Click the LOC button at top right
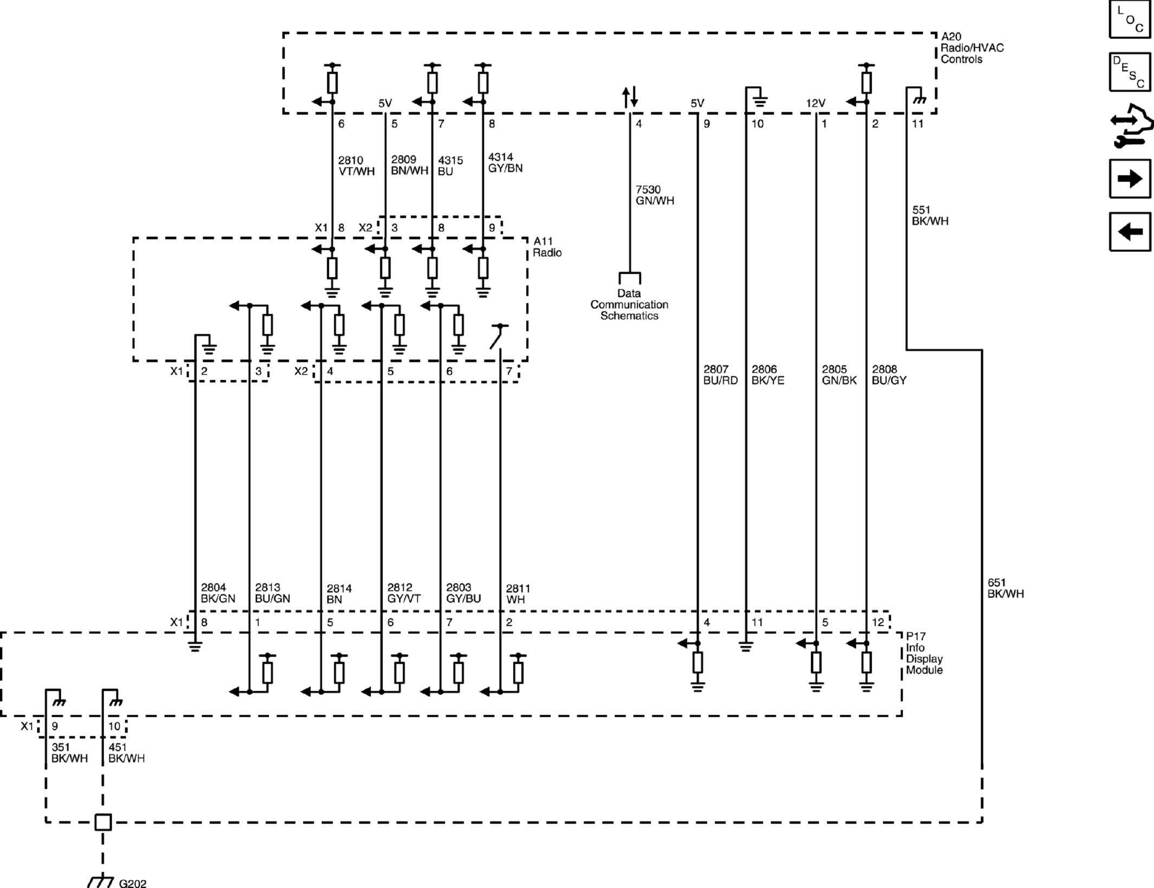coord(1130,20)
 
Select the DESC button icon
coord(1130,72)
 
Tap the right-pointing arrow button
coord(1130,179)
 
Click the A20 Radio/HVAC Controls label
coord(972,48)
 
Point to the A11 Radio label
coord(547,247)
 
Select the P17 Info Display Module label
coord(924,653)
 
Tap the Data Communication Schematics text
coord(629,304)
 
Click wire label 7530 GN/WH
coord(654,195)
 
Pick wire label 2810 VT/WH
coord(356,166)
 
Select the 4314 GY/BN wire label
coord(505,163)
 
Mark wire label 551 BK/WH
coord(930,216)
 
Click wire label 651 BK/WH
coord(1006,588)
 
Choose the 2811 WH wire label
coord(518,594)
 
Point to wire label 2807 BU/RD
coord(720,375)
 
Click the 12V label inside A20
coord(815,103)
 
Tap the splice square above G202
coord(103,822)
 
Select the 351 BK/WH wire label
coord(69,753)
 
